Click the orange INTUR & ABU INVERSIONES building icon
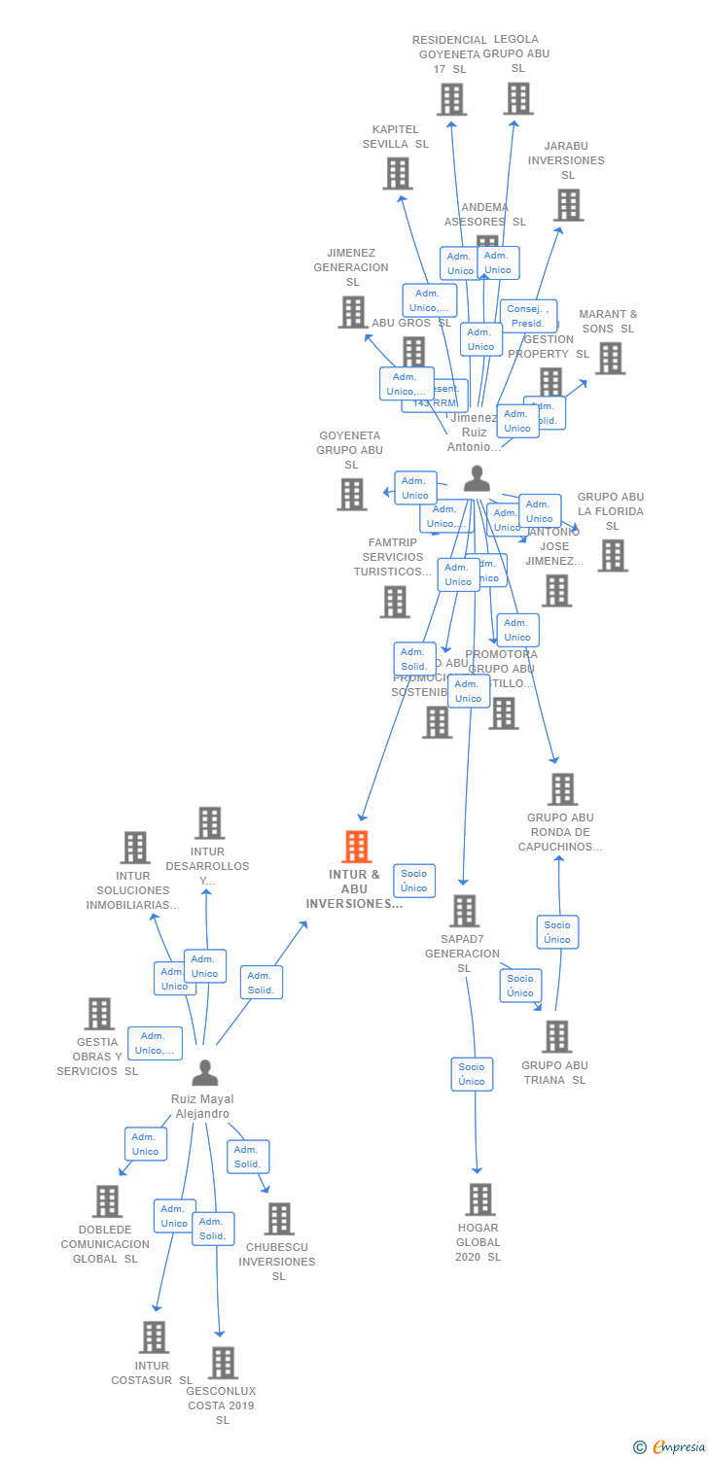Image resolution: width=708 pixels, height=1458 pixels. pyautogui.click(x=357, y=847)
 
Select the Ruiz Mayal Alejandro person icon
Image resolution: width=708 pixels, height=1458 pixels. pyautogui.click(x=204, y=1073)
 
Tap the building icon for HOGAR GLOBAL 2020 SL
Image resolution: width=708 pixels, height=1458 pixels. pyautogui.click(x=480, y=1199)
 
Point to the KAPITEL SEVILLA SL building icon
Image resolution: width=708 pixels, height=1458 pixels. pyautogui.click(x=397, y=173)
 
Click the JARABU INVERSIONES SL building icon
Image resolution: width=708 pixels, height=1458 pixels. pyautogui.click(x=568, y=205)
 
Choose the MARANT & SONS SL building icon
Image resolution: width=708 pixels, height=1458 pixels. pyautogui.click(x=610, y=358)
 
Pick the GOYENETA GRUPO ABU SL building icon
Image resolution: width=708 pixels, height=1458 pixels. pyautogui.click(x=351, y=494)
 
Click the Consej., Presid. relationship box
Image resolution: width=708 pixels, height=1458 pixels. pyautogui.click(x=528, y=316)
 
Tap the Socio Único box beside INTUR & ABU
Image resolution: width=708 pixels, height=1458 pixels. pyautogui.click(x=413, y=881)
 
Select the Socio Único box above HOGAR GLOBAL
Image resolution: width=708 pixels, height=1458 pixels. pyautogui.click(x=472, y=1074)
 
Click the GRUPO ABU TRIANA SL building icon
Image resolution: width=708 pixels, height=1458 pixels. pyautogui.click(x=556, y=1036)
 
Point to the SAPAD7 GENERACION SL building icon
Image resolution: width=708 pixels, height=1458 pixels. pyautogui.click(x=464, y=911)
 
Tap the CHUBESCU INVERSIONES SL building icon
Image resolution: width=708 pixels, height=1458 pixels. pyautogui.click(x=279, y=1219)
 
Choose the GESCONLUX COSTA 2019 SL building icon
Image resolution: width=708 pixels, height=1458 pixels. pyautogui.click(x=223, y=1363)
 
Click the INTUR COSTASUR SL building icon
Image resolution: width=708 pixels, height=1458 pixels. pyautogui.click(x=154, y=1337)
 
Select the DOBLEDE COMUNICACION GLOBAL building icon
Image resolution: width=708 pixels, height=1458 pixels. pyautogui.click(x=107, y=1201)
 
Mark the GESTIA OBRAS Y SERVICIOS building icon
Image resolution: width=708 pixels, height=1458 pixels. pyautogui.click(x=99, y=1014)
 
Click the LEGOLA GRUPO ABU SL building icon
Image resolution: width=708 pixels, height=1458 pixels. pyautogui.click(x=518, y=98)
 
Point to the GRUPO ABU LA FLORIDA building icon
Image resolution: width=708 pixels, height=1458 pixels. pyautogui.click(x=613, y=555)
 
